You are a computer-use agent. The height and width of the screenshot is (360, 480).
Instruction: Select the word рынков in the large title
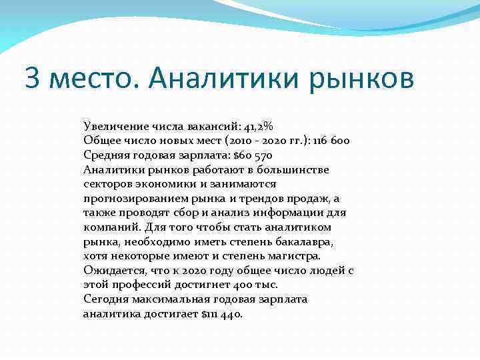coord(361,79)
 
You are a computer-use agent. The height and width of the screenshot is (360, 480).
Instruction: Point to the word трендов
coord(258,198)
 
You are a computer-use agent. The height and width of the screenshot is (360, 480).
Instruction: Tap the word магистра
coord(294,255)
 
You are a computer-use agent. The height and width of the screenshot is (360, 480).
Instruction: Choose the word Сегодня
coord(105,299)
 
